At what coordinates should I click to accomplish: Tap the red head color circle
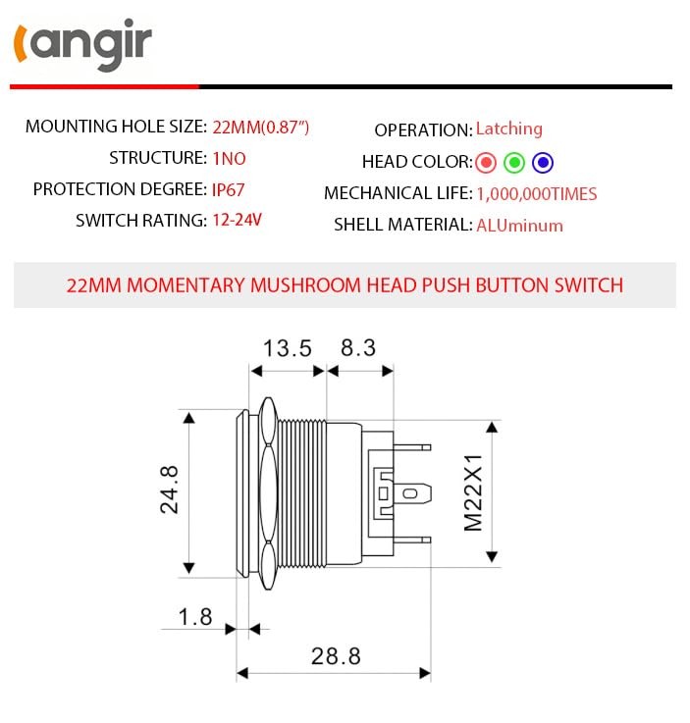486,162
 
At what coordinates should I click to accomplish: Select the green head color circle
514,162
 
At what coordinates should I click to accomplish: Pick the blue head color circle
543,162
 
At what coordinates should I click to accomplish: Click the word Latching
508,129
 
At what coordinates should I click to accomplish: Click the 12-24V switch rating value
237,220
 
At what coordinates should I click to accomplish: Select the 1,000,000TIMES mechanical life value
536,194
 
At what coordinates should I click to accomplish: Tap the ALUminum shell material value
519,225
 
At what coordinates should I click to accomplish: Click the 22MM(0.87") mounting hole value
261,127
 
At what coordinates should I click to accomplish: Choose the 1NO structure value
229,158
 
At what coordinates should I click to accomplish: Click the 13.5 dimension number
287,348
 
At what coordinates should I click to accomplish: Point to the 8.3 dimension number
358,348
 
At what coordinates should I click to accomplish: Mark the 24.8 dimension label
170,490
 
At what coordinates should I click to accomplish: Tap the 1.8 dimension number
194,617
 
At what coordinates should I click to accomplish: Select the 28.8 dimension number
336,656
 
